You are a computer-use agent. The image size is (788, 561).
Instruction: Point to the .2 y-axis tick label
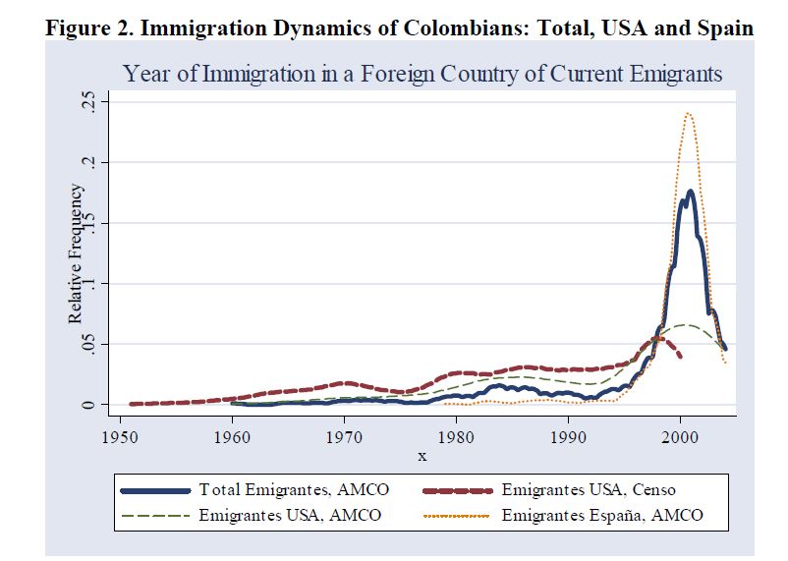click(89, 162)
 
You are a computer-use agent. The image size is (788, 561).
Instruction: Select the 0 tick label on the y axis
click(89, 405)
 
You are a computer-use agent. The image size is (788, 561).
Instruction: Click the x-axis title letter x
click(422, 455)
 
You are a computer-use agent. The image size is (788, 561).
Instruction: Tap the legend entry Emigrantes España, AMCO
click(601, 515)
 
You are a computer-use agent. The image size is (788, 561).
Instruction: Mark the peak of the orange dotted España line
click(688, 113)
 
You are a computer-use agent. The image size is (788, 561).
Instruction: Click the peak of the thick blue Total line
click(691, 191)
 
